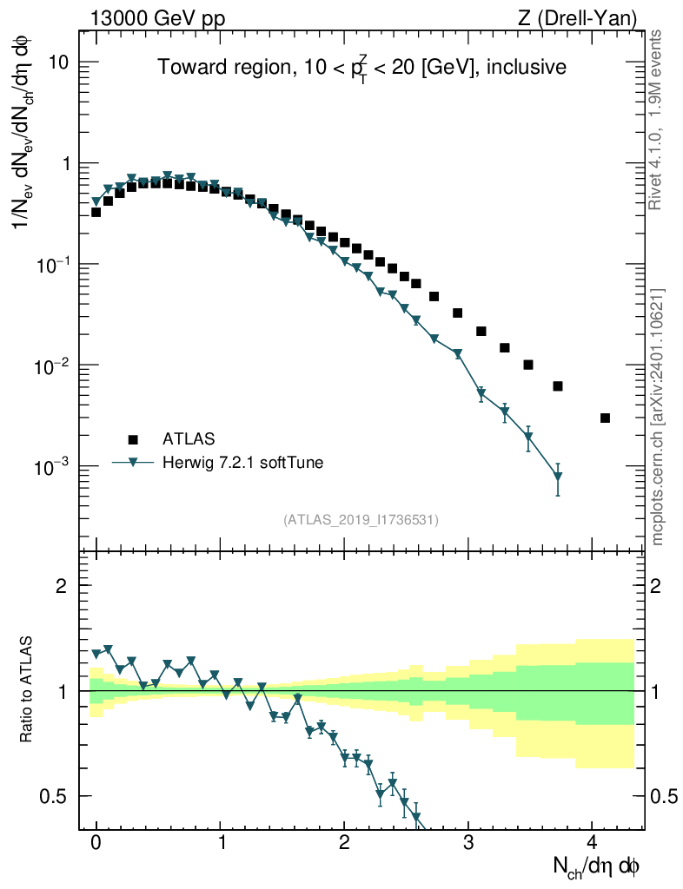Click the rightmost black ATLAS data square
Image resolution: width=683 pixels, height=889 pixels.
(605, 418)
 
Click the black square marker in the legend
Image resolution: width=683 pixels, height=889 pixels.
(132, 439)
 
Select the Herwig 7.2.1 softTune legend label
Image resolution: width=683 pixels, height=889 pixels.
(243, 463)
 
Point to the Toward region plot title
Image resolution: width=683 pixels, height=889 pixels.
(361, 68)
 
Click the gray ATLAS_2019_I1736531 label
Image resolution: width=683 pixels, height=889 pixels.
(361, 520)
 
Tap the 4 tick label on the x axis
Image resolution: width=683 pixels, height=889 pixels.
(593, 842)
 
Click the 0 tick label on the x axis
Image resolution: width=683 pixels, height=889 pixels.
(96, 842)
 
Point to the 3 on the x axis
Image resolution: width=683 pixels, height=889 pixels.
(468, 842)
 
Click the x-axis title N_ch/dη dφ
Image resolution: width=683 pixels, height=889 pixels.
(598, 866)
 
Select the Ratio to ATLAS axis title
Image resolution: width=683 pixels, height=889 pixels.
(28, 691)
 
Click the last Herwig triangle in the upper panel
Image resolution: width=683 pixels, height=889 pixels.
(558, 477)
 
